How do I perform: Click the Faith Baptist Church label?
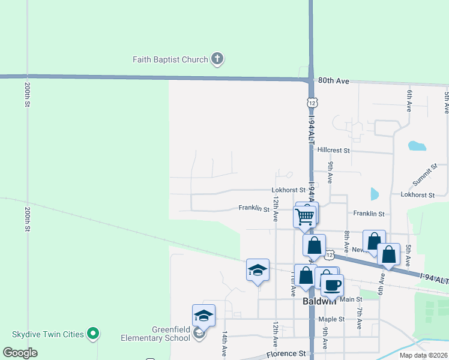(x=170, y=59)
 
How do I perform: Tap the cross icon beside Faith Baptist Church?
(x=217, y=59)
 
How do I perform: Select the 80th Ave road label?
(x=334, y=80)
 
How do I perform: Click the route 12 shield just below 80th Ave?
(x=312, y=103)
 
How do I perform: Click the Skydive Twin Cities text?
(x=48, y=333)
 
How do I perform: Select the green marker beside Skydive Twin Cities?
(x=93, y=333)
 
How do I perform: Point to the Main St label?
(x=351, y=299)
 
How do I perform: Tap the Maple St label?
(x=332, y=319)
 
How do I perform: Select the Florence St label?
(x=286, y=354)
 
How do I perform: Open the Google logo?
(x=20, y=353)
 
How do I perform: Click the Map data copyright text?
(x=423, y=355)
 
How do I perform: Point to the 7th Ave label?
(x=359, y=318)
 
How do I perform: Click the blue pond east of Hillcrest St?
(x=417, y=145)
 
